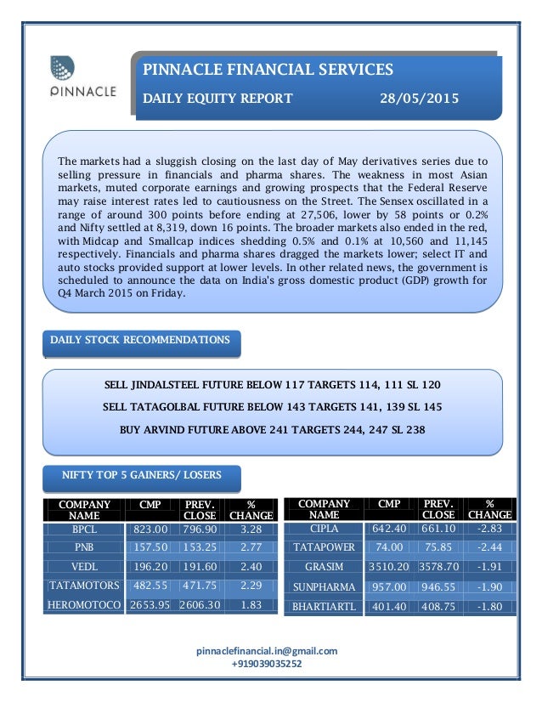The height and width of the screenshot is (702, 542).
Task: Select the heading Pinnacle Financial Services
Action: (x=268, y=69)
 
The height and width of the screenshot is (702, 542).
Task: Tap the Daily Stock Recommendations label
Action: (x=140, y=341)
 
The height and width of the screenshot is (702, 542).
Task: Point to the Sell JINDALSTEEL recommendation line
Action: (x=272, y=385)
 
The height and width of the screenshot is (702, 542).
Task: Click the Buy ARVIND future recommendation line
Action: (x=272, y=429)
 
